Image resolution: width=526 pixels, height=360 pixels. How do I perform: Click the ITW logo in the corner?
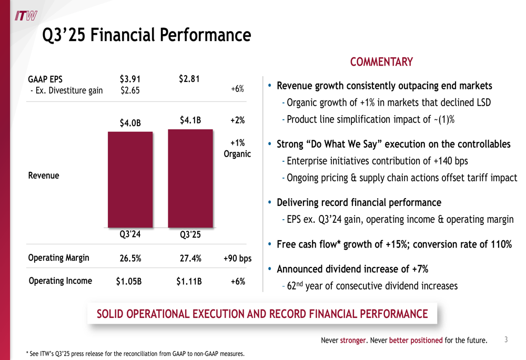(x=25, y=16)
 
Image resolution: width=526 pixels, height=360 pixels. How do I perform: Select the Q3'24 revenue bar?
(x=130, y=179)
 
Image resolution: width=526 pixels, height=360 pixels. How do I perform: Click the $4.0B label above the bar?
(x=130, y=123)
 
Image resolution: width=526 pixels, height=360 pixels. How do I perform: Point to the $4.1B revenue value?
(x=190, y=120)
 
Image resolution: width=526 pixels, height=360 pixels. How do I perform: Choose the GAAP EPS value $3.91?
(x=130, y=79)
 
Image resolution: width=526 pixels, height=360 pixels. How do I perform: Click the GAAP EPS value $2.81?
(x=189, y=79)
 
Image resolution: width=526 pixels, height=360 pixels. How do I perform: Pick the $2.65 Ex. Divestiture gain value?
(x=130, y=90)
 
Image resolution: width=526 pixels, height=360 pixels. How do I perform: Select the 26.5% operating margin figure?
(x=130, y=258)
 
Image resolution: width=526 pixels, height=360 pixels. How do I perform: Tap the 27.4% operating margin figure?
(x=190, y=258)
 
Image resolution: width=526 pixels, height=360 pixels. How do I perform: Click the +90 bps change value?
(x=237, y=258)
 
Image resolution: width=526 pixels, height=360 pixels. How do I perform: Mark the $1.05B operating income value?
(x=129, y=281)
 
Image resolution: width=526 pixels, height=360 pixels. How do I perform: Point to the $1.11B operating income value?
(x=189, y=281)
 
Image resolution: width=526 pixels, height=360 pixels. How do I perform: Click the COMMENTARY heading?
(x=381, y=62)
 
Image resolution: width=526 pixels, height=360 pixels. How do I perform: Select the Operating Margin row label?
(x=58, y=258)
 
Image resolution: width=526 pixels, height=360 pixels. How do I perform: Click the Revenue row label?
(x=44, y=176)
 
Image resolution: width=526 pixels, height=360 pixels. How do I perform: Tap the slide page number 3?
(x=506, y=340)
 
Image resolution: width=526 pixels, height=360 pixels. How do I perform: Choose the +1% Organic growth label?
(x=237, y=149)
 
